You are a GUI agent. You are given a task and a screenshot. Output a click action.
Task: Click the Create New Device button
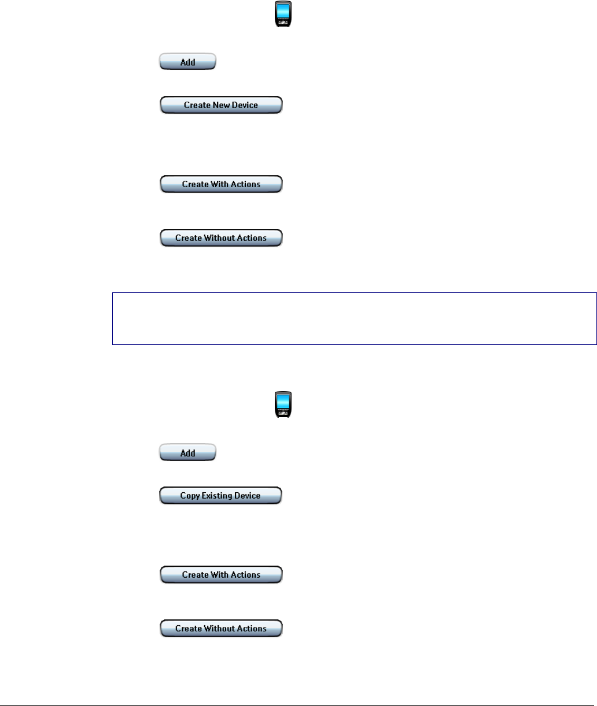coord(221,105)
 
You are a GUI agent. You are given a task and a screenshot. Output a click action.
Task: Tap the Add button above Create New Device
coord(187,62)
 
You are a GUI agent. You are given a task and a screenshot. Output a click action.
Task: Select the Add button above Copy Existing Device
coord(187,453)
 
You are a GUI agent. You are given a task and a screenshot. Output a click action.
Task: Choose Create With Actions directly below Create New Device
coord(221,184)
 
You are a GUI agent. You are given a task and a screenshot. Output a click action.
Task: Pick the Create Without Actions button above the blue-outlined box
coord(221,238)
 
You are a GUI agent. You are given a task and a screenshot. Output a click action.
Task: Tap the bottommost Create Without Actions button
coord(221,629)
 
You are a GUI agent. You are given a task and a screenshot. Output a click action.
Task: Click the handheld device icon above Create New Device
coord(282,14)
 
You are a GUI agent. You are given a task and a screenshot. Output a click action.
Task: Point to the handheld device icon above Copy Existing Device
coord(282,404)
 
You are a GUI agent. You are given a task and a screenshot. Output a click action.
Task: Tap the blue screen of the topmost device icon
coord(282,11)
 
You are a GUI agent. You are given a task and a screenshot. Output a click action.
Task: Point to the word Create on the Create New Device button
coord(196,106)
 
